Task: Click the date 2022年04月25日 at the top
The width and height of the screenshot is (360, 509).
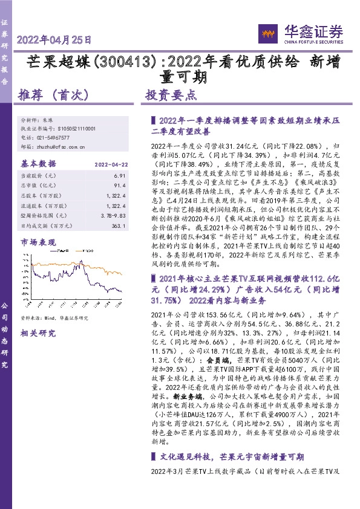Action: tap(54, 41)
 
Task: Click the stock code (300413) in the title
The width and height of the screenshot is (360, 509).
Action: tap(128, 62)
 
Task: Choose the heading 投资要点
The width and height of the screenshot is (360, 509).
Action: tap(171, 95)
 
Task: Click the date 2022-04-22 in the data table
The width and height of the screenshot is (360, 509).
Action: tap(110, 164)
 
